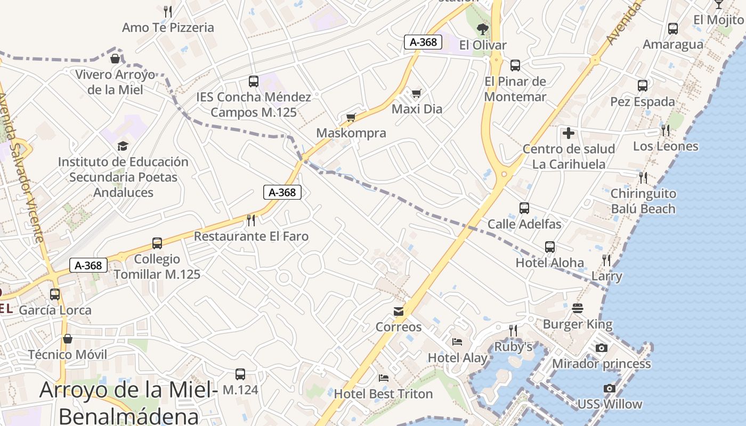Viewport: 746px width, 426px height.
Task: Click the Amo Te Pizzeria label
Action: tap(168, 28)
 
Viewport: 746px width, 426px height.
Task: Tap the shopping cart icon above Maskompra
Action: tap(351, 117)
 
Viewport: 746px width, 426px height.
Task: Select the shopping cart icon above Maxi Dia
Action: tap(417, 93)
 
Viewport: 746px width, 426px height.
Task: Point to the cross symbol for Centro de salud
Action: tap(569, 133)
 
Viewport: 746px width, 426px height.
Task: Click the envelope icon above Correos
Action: tap(399, 312)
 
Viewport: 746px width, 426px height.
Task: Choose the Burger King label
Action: tap(578, 324)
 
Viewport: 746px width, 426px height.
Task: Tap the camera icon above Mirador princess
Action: tap(602, 348)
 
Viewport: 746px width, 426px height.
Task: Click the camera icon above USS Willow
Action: tap(610, 389)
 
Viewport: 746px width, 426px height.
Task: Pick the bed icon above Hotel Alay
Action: tap(457, 342)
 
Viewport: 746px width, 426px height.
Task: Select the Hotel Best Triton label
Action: tap(383, 394)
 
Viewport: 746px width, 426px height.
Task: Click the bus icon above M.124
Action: tap(240, 374)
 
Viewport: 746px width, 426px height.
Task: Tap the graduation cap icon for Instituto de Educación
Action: tap(123, 146)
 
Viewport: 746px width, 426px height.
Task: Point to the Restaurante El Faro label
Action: tap(251, 236)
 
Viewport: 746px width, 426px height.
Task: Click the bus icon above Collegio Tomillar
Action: tap(157, 243)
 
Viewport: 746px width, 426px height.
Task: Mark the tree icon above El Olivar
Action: tap(483, 29)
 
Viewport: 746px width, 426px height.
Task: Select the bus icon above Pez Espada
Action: tap(643, 85)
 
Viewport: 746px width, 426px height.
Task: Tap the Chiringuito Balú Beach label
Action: tap(643, 201)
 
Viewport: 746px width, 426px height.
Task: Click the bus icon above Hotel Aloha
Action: tap(550, 247)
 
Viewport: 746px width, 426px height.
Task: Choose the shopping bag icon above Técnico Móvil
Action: tap(68, 339)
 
